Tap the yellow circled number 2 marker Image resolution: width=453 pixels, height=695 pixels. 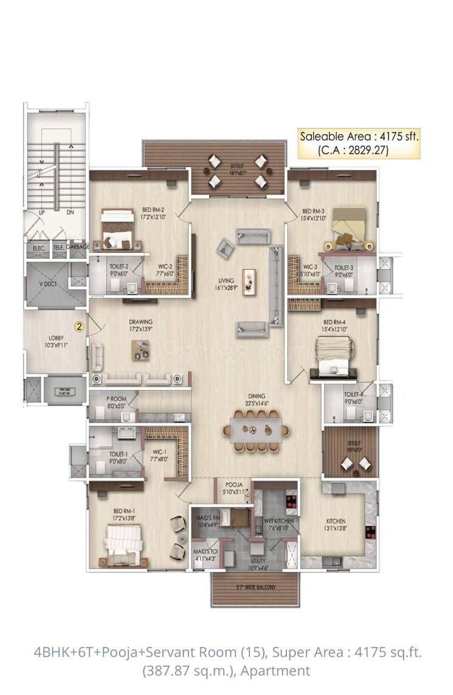tap(78, 326)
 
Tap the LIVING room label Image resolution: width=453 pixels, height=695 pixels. tap(227, 284)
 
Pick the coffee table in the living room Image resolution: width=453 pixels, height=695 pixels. tap(249, 282)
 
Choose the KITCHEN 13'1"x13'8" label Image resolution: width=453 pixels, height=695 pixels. tap(336, 525)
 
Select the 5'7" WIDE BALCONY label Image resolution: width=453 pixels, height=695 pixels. tap(255, 588)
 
